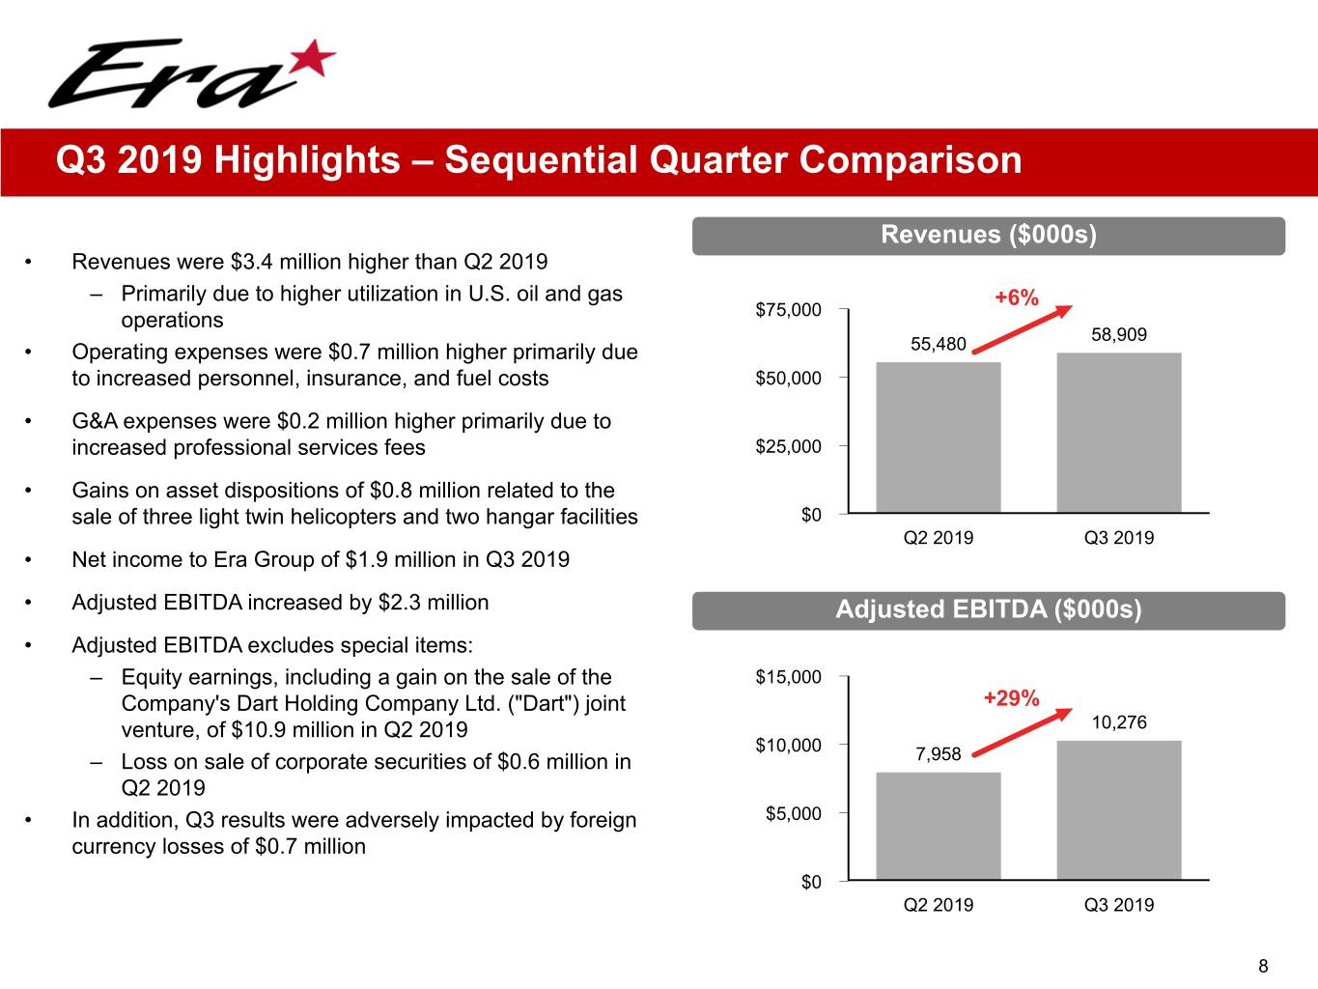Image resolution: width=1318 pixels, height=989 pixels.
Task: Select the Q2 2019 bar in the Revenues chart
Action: pos(938,437)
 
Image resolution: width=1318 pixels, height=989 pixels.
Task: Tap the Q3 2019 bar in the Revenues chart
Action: pos(1118,432)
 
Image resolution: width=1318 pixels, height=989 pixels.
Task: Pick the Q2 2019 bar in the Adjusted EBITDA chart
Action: pos(938,826)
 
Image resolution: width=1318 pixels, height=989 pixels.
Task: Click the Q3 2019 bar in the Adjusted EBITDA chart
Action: pos(1118,809)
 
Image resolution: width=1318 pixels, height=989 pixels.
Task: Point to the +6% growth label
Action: pos(1016,297)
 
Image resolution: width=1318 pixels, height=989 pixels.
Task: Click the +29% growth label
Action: pos(1011,697)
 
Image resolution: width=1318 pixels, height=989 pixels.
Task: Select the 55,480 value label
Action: pos(938,344)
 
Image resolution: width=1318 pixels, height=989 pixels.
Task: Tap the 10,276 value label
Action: pos(1118,722)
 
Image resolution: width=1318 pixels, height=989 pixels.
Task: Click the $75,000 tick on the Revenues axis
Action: pos(788,310)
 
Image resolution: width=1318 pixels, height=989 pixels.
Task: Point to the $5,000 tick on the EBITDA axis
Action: pos(793,813)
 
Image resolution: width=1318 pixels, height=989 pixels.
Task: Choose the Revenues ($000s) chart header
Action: pos(988,235)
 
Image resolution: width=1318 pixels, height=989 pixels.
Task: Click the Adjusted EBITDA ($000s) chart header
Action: pos(988,609)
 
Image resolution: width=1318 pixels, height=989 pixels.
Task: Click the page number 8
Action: pos(1263,966)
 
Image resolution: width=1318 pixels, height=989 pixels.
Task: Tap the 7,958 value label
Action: pos(938,753)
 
